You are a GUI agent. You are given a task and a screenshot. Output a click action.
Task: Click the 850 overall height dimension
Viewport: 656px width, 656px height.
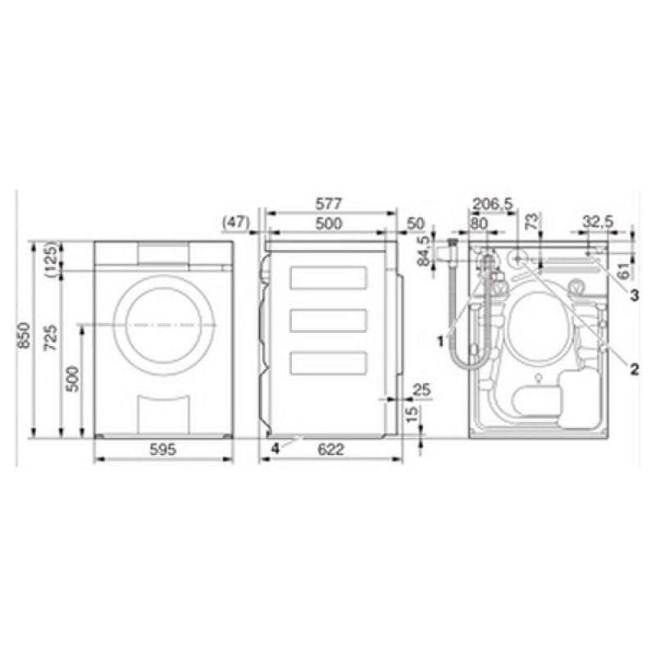25,335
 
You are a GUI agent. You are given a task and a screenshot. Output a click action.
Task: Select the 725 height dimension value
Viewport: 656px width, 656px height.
52,337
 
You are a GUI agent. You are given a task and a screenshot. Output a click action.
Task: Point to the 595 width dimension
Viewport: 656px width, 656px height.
162,449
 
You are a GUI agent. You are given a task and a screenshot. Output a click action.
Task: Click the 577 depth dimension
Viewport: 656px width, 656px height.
329,203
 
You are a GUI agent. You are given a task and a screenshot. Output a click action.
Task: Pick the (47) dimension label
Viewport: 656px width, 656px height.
236,222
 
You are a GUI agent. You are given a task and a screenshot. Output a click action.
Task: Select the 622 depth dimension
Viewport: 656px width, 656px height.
331,449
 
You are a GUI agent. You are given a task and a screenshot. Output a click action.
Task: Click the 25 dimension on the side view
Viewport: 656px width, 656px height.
421,390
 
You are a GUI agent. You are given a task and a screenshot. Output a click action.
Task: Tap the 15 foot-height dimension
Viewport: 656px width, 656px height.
412,414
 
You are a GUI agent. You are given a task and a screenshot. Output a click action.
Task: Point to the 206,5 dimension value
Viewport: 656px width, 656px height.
493,204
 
